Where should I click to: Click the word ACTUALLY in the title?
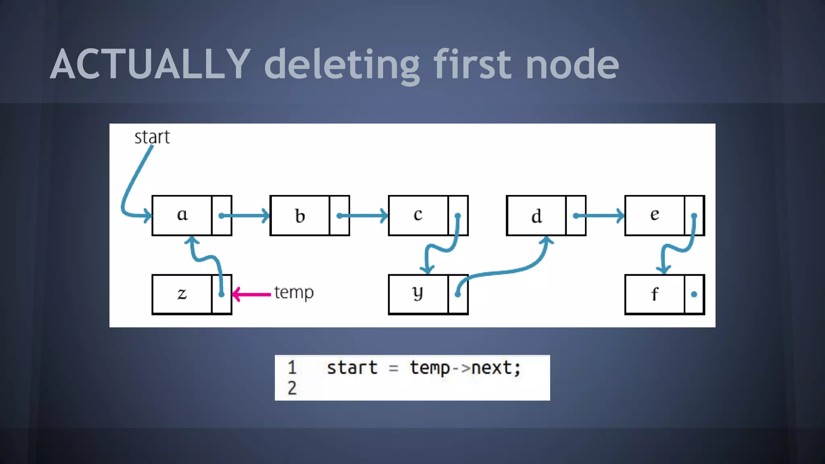coord(150,64)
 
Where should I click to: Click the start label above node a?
coord(152,137)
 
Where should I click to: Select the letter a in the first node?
coord(182,215)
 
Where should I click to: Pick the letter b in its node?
coord(300,216)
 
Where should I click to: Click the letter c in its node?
coord(418,215)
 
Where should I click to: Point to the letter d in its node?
coord(536,216)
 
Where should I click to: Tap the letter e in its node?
coord(655,215)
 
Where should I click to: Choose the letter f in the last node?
coord(655,294)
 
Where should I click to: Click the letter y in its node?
coord(418,294)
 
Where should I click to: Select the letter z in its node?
coord(182,294)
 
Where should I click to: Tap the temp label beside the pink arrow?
coord(294,292)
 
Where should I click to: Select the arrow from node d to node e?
coord(600,216)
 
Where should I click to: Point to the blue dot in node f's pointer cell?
coord(694,294)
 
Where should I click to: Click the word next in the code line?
coord(492,368)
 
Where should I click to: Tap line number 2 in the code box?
coord(292,388)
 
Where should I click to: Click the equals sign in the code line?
coord(394,368)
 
